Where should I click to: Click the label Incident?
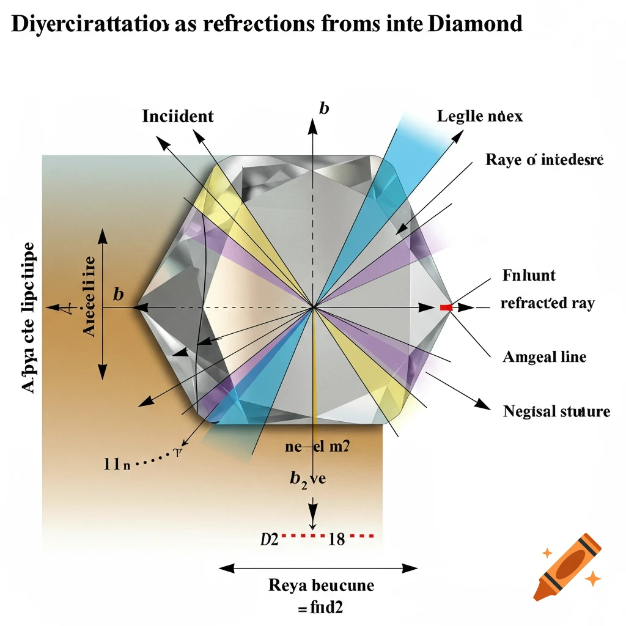coord(178,116)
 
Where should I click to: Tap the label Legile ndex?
coord(480,116)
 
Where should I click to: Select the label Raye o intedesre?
coord(544,160)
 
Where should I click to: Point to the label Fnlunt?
coord(528,276)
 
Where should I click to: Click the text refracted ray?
coord(547,304)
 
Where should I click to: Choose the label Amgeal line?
coord(544,356)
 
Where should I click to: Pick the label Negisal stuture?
coord(556,411)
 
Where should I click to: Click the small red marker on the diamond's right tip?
coord(446,307)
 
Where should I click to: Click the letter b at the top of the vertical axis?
coord(324,109)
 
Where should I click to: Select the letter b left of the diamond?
coord(119,295)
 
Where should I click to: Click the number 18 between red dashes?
coord(337,539)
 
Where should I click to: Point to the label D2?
coord(270,539)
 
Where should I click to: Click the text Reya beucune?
coord(321,585)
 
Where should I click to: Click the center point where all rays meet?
coord(314,306)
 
